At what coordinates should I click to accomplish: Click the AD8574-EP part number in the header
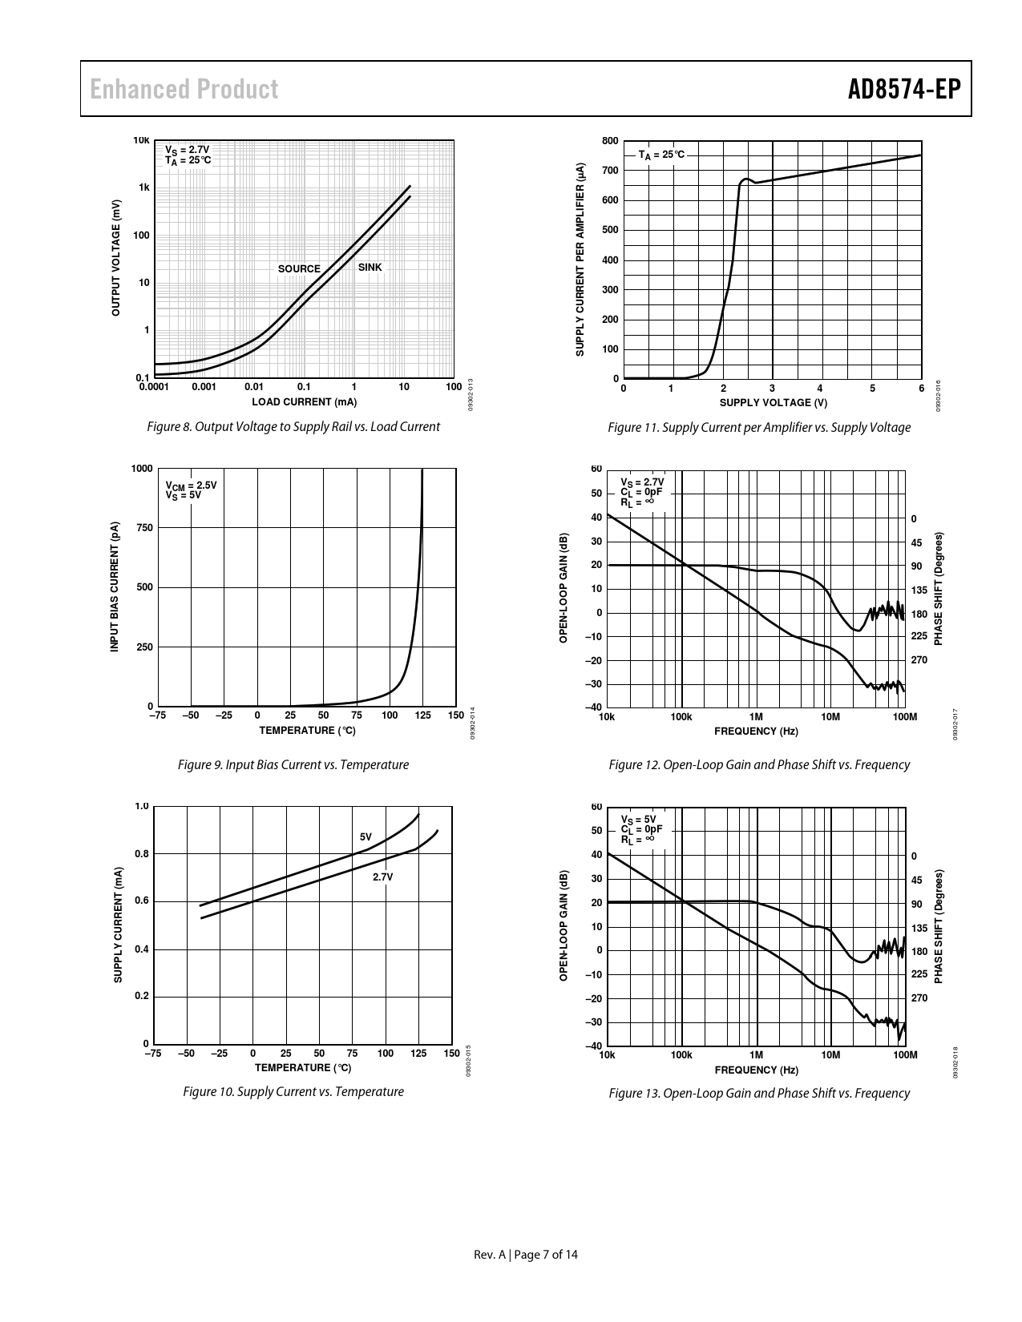pos(903,89)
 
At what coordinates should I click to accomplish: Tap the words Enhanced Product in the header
pos(184,89)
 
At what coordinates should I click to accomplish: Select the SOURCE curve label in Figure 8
pos(299,269)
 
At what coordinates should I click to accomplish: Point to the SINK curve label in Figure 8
pos(370,268)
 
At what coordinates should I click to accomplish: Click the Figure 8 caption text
pos(293,427)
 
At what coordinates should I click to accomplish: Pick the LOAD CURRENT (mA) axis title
pos(305,402)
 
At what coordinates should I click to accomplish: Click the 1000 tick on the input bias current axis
pos(142,469)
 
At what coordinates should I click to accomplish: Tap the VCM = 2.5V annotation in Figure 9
pos(191,486)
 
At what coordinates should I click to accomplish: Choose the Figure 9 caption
pos(293,765)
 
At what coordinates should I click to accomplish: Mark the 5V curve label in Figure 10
pos(366,836)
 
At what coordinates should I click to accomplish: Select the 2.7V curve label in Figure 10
pos(383,877)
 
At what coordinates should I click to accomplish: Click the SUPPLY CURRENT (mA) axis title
pos(118,925)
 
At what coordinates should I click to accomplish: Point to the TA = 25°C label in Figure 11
pos(662,155)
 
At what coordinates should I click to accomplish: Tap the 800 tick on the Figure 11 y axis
pos(610,142)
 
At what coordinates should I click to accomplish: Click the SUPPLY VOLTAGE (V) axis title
pos(773,403)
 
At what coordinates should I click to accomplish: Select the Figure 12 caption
pos(759,765)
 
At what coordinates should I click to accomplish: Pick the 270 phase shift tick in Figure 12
pos(919,660)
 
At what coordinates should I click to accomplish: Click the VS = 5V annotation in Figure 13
pos(638,819)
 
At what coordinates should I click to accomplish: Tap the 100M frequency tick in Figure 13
pos(904,1054)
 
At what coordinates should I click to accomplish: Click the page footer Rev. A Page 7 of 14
pos(526,1255)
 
